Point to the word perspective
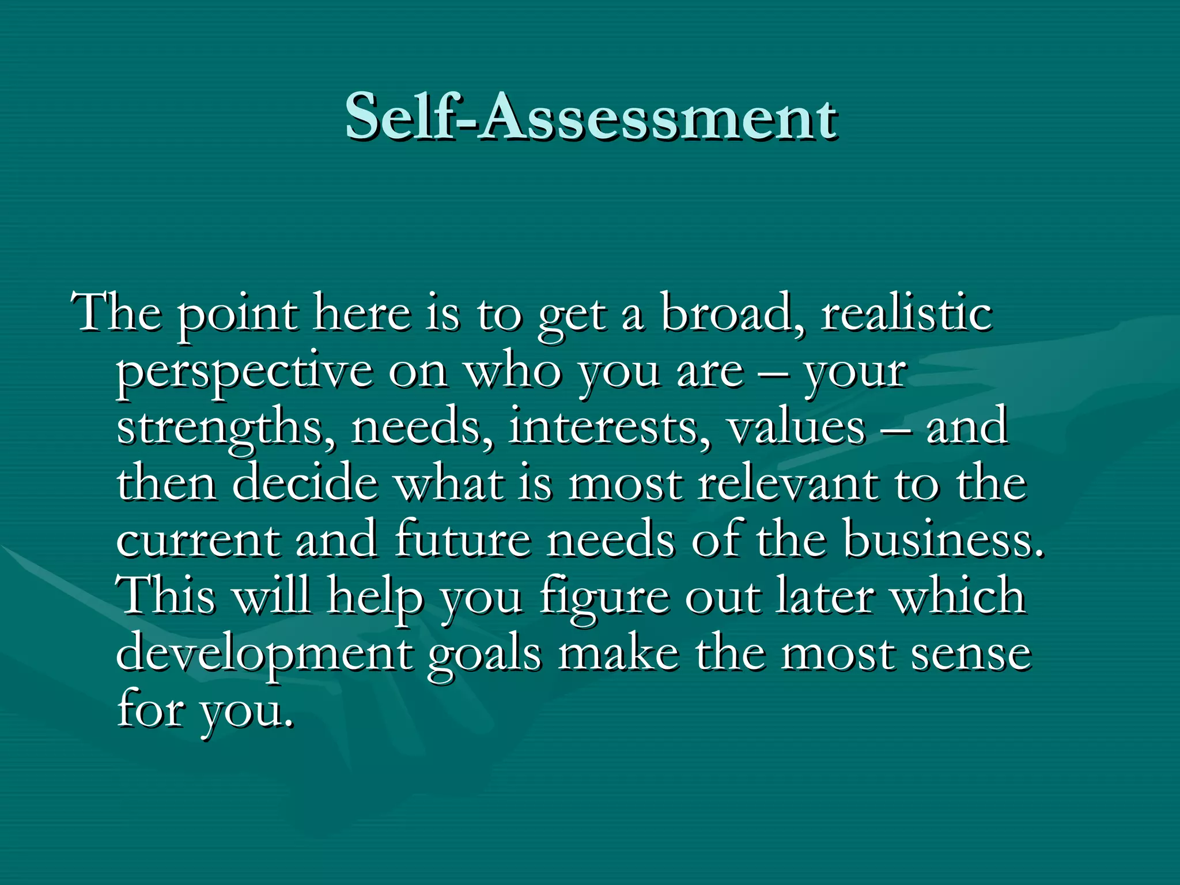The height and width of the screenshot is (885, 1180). [245, 372]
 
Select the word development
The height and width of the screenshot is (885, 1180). [265, 654]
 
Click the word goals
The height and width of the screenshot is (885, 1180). [485, 654]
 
